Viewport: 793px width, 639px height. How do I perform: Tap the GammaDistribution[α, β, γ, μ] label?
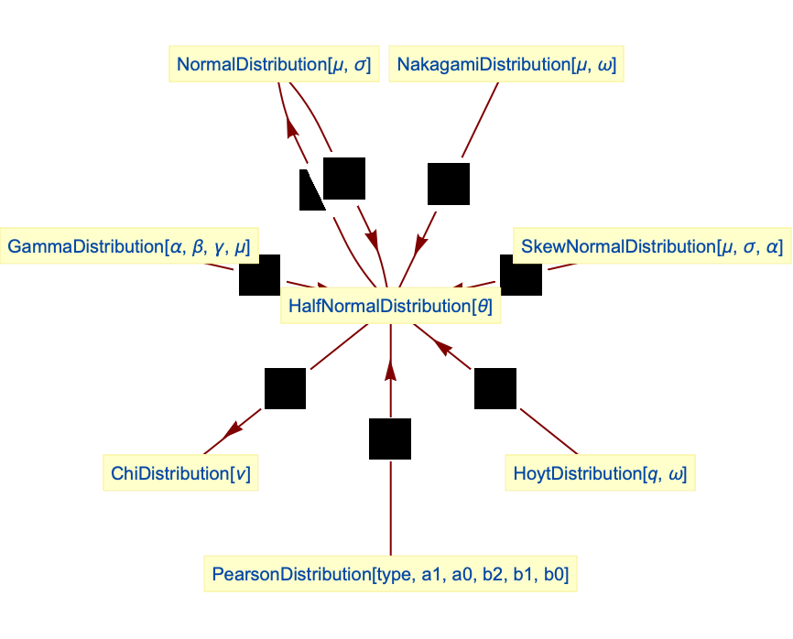click(129, 246)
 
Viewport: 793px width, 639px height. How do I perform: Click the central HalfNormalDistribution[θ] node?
click(390, 307)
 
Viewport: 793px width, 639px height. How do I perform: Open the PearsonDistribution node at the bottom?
click(390, 575)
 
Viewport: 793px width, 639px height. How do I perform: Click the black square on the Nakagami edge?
click(448, 183)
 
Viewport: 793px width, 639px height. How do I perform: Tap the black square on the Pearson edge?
click(390, 439)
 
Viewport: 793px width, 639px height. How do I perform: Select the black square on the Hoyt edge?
click(495, 387)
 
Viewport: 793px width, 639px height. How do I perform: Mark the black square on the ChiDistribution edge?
click(285, 388)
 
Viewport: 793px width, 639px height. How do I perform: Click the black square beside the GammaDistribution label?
click(259, 275)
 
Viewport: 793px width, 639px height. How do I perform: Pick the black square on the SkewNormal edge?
click(521, 275)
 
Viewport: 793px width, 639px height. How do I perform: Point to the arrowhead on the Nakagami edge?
click(421, 244)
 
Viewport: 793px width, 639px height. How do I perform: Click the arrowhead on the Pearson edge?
click(391, 368)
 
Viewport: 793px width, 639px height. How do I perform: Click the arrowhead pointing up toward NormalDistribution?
click(292, 127)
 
